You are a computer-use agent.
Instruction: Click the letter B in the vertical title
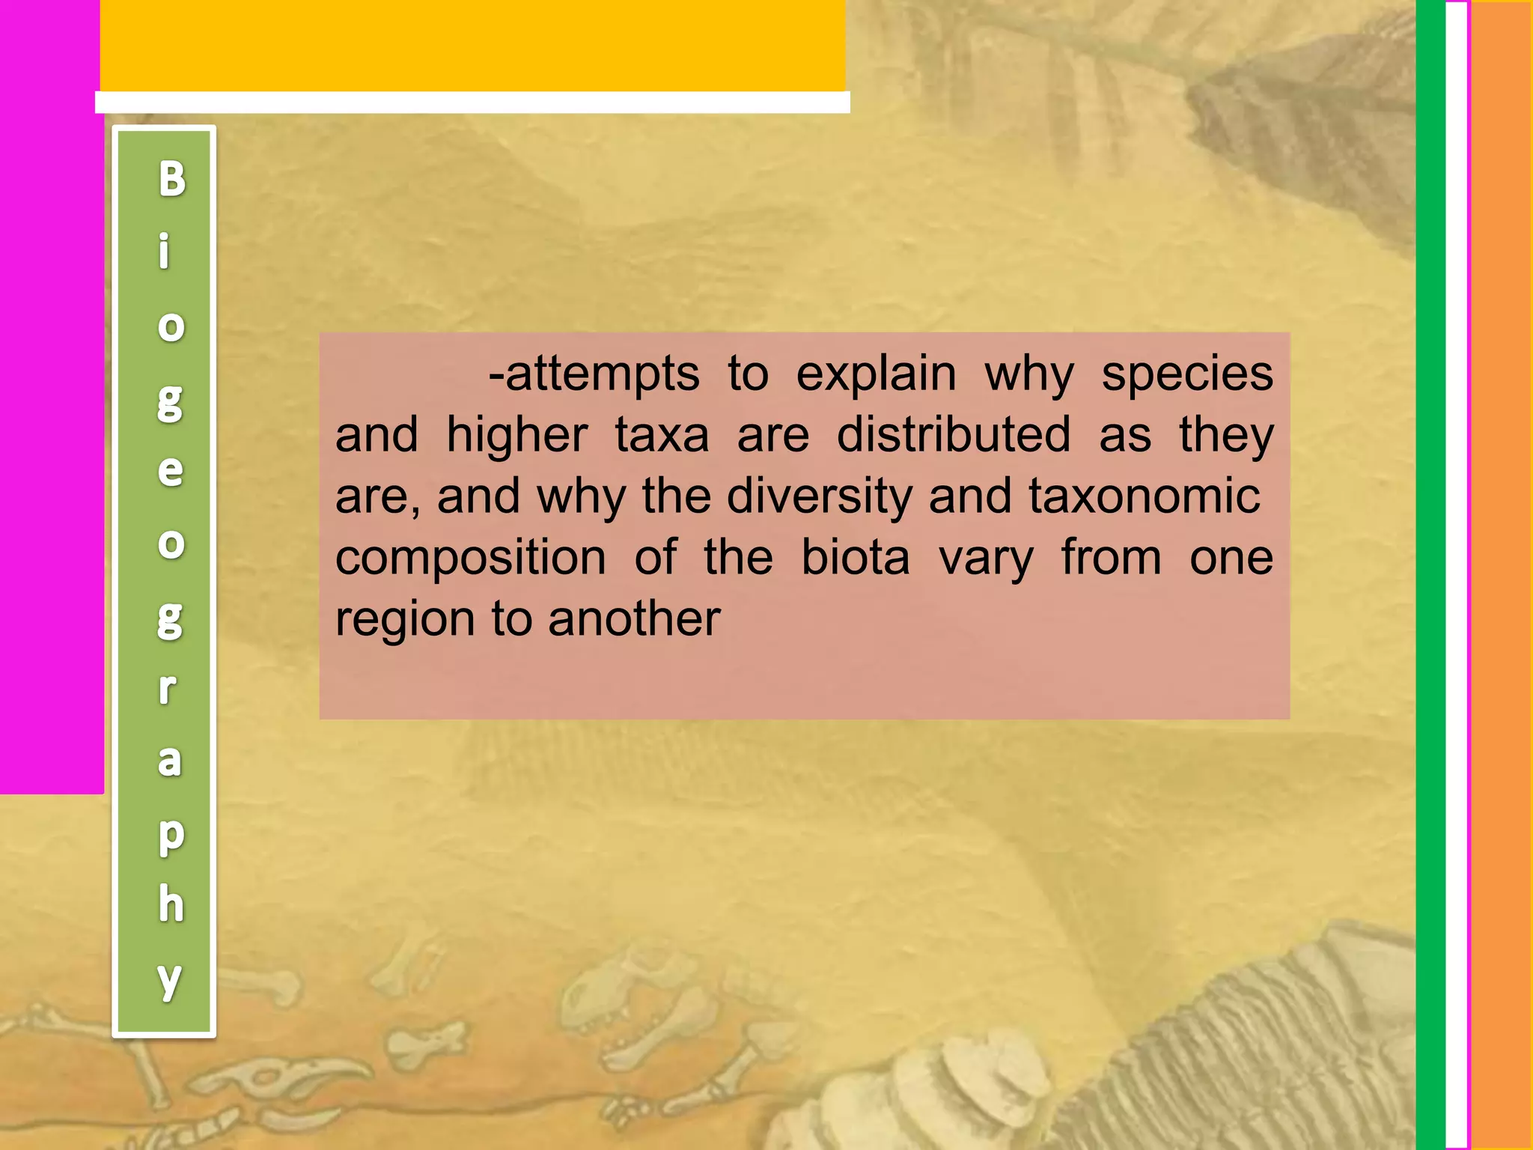click(x=171, y=180)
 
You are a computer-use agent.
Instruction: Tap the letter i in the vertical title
click(x=165, y=251)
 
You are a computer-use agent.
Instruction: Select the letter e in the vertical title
click(x=171, y=470)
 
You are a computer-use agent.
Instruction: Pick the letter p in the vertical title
click(x=171, y=835)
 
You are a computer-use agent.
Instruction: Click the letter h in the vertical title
click(x=171, y=904)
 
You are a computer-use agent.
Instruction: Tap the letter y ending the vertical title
click(x=170, y=979)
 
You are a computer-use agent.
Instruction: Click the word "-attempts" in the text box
click(x=594, y=374)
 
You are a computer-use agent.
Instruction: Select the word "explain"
click(x=876, y=374)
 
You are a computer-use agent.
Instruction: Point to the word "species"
click(x=1187, y=374)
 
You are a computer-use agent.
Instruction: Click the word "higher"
click(x=517, y=436)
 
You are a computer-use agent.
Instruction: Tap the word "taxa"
click(x=662, y=436)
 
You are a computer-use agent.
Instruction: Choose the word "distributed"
click(x=954, y=436)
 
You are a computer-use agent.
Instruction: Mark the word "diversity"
click(x=820, y=497)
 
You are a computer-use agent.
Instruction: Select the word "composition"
click(x=471, y=559)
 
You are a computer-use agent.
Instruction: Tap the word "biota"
click(x=856, y=559)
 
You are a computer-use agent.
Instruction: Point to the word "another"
click(x=634, y=620)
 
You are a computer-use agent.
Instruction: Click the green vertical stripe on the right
click(x=1430, y=575)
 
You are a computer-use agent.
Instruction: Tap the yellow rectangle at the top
click(x=472, y=46)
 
